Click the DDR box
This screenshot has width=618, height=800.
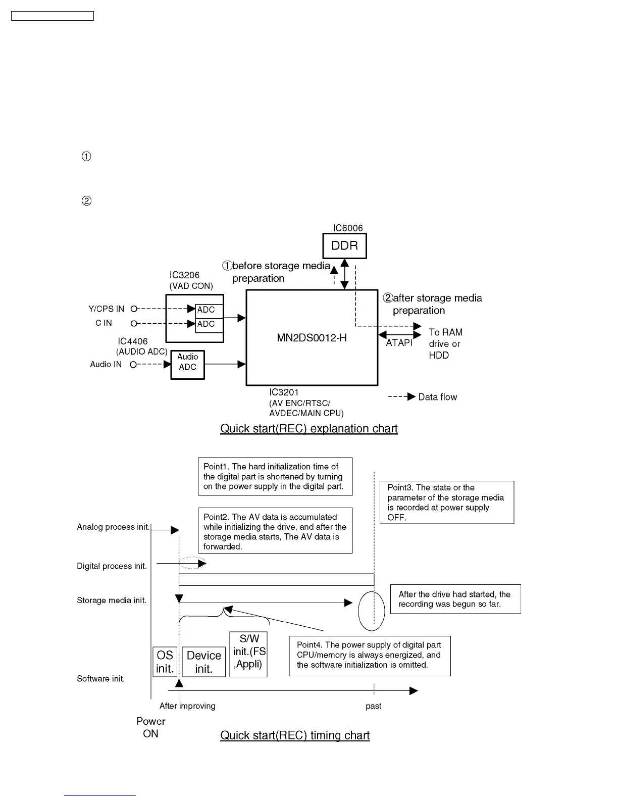pos(344,246)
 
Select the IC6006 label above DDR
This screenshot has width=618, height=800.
pos(347,228)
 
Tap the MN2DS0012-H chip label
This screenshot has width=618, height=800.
pos(312,338)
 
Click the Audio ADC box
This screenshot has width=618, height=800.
pos(187,362)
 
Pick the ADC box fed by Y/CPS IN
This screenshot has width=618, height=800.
pos(209,310)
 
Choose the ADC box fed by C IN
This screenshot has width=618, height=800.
pos(209,324)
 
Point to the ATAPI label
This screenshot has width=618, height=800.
pos(399,343)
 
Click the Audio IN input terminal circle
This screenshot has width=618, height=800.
pos(133,365)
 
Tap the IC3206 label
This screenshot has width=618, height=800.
pos(184,275)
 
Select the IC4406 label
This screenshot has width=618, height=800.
pos(133,341)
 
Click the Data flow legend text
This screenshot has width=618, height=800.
pos(437,397)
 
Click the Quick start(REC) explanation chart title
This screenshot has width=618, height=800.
pos(308,429)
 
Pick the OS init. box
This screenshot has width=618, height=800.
pos(165,662)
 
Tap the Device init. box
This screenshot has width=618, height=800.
pos(203,662)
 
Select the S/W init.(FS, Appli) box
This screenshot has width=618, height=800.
pos(248,654)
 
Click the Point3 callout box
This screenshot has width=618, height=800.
pos(446,502)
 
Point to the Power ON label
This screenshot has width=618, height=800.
pos(150,727)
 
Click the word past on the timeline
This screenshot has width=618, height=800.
pos(373,706)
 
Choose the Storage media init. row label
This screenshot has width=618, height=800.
pos(112,601)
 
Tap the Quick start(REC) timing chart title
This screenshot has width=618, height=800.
pos(295,735)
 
